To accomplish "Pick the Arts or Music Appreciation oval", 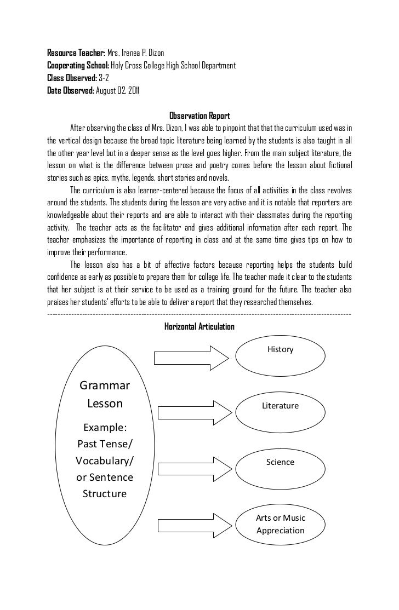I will (280, 524).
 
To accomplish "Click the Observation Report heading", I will (199, 116).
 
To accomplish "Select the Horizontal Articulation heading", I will (200, 326).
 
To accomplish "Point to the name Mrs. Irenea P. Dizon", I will (126, 53).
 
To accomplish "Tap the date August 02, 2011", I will (117, 90).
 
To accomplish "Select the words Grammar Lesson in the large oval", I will (105, 394).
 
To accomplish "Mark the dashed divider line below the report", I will (200, 314).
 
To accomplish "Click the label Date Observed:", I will (71, 90).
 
